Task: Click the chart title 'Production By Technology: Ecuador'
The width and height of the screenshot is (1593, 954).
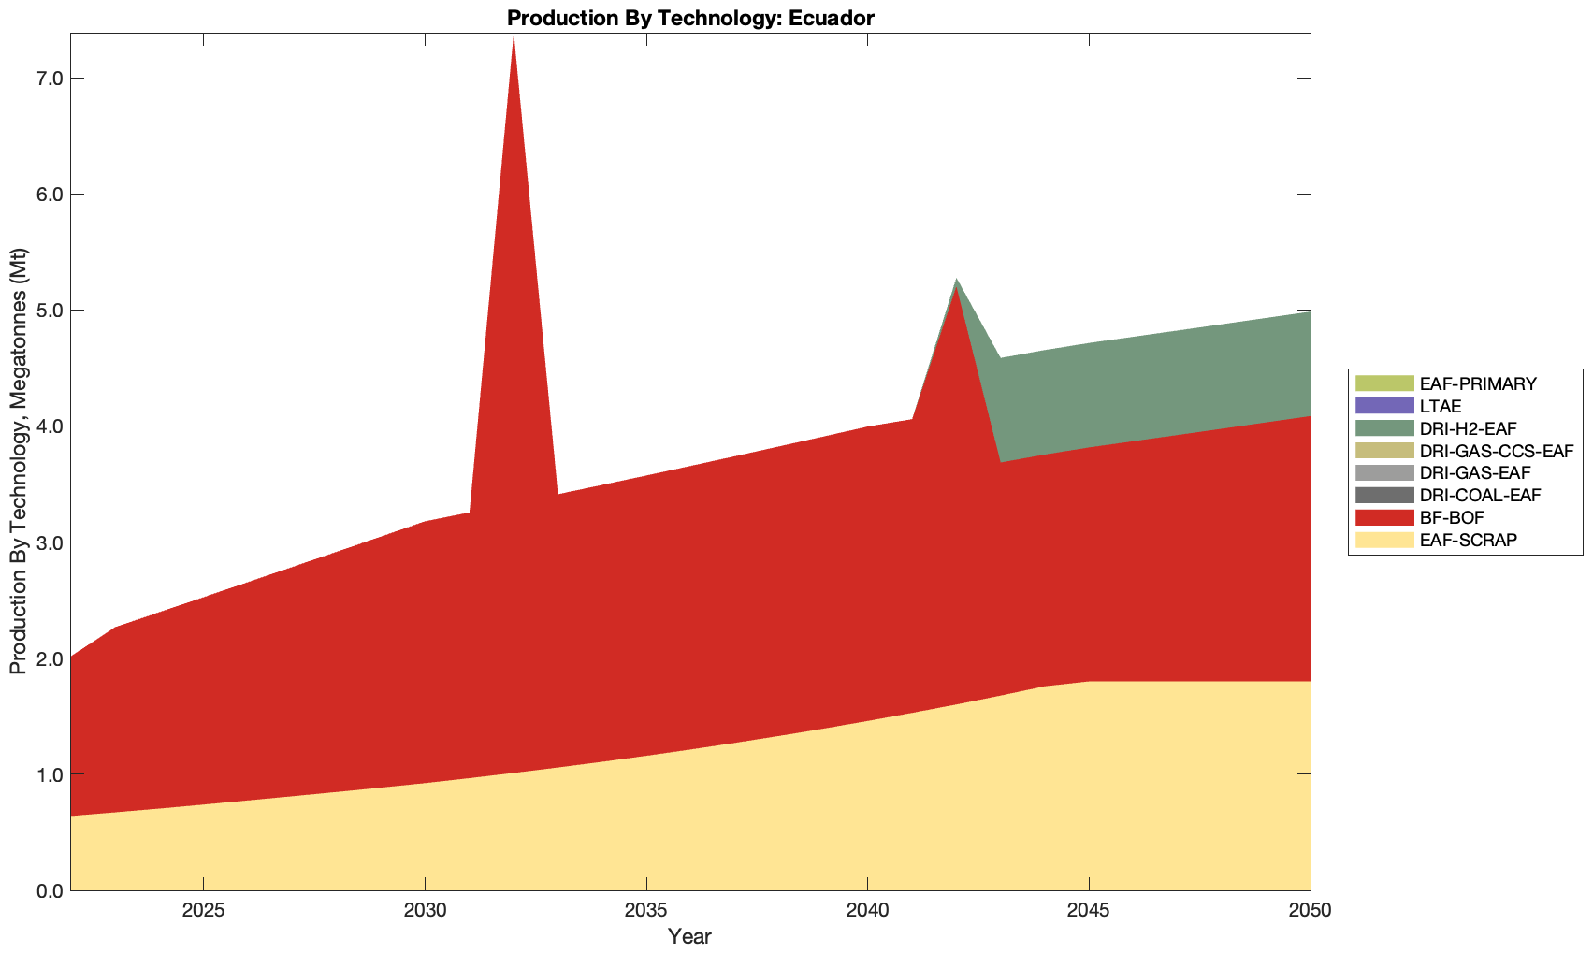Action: (689, 17)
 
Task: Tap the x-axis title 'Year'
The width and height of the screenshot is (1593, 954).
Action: (689, 936)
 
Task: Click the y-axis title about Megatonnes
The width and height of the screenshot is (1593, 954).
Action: (19, 461)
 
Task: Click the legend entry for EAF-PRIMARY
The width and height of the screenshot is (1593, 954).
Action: (1477, 383)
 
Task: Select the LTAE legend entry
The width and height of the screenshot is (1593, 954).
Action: (1440, 406)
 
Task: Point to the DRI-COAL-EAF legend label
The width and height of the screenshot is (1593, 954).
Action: (1479, 495)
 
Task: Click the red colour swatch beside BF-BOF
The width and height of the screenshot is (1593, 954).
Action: (1383, 517)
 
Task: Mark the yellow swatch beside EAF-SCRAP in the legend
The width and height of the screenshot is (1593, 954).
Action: (1383, 540)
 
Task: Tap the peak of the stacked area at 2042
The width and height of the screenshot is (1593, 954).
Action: (956, 280)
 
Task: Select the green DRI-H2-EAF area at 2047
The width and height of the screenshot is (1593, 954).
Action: (1178, 383)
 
